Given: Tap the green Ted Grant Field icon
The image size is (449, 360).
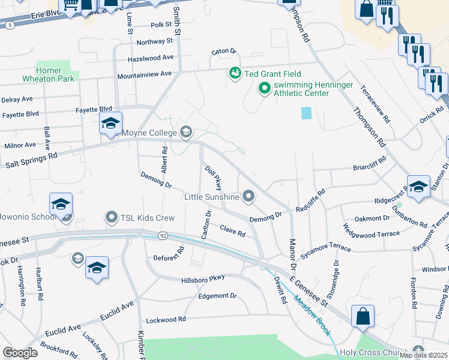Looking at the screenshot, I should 235,73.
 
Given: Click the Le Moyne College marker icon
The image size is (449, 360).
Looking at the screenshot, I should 186,132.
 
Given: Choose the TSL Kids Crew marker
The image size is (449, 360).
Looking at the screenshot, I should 111,217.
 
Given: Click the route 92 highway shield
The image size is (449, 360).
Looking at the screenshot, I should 163,236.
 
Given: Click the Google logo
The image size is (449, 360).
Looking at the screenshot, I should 20,353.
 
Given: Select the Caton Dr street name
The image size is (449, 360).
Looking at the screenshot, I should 224,52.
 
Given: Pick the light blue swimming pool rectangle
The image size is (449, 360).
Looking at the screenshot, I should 307,112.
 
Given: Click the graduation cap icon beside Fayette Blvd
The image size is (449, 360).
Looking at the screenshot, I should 110,124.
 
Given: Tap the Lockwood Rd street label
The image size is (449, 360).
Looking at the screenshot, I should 166,319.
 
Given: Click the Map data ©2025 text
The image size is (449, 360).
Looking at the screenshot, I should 423,355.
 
